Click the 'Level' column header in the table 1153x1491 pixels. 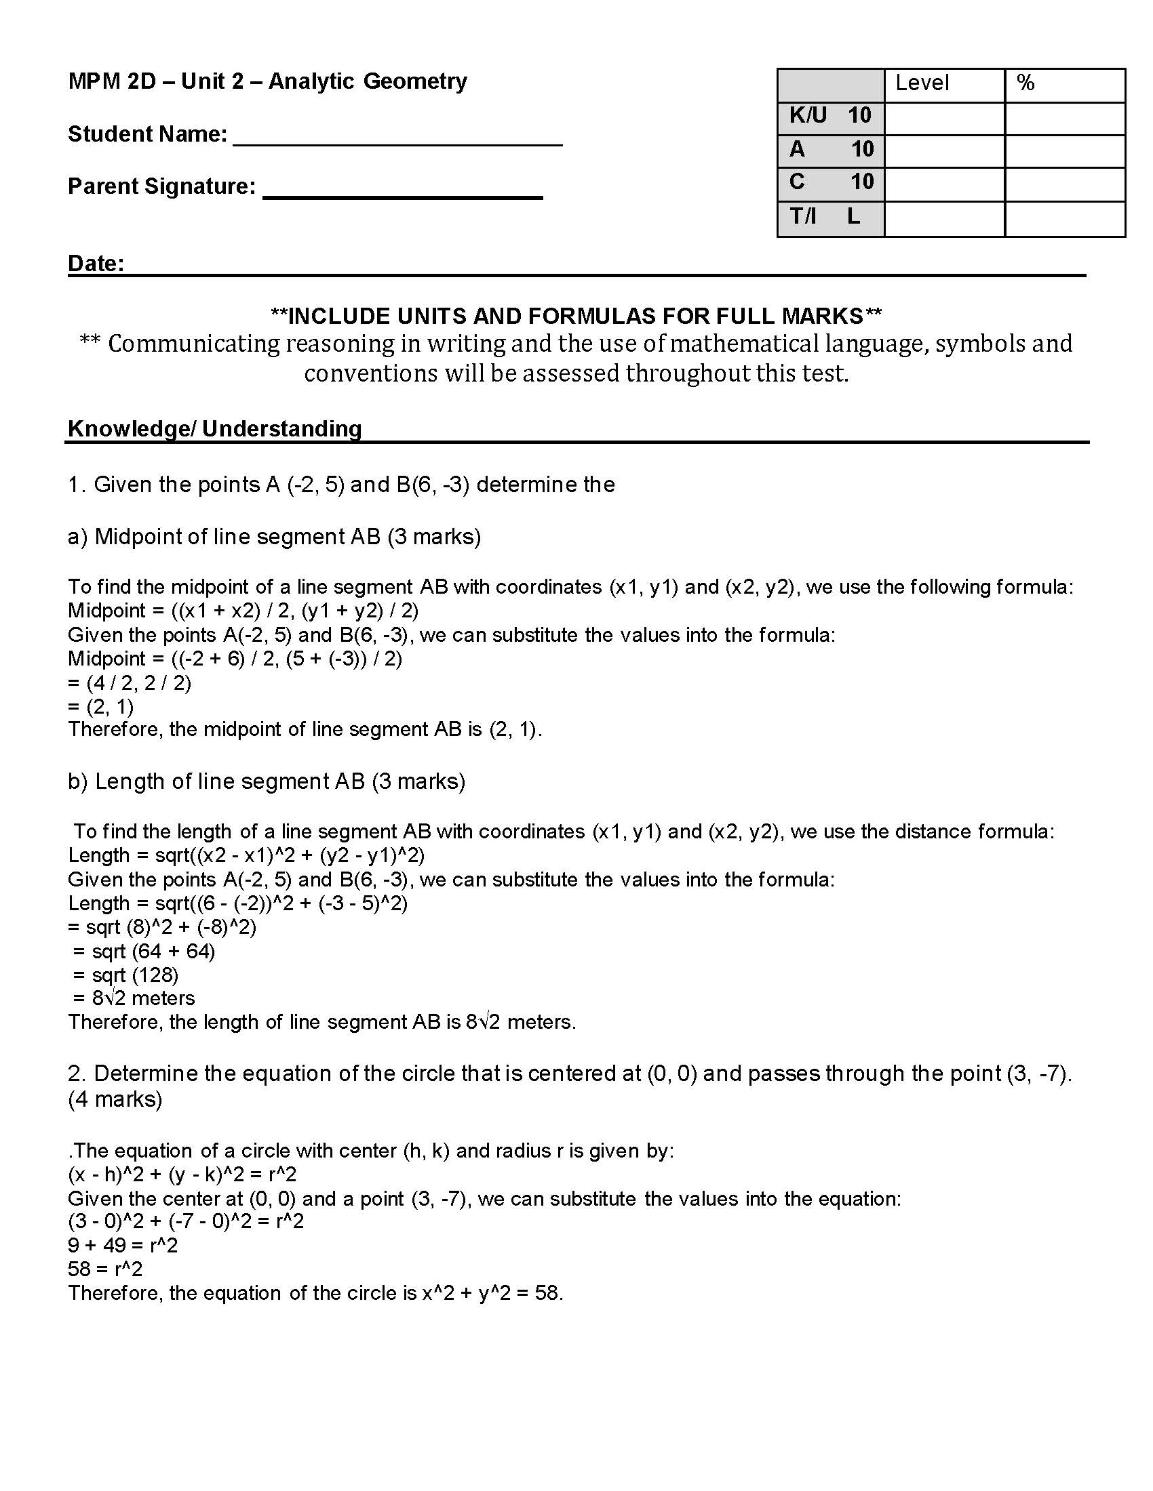922,83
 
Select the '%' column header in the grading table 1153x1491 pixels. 1025,83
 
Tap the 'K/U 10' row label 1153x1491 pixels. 830,116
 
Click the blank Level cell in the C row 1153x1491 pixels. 944,183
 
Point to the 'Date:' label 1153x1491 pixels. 96,264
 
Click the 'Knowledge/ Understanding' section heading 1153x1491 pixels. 214,429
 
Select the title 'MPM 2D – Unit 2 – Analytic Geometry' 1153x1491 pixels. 267,81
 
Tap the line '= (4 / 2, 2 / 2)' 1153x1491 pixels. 129,682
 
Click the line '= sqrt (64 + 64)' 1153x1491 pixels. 143,951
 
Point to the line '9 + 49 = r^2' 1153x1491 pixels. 122,1245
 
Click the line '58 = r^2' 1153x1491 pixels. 105,1269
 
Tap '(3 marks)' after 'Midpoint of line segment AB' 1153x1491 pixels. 434,537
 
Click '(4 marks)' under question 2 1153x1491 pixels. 115,1099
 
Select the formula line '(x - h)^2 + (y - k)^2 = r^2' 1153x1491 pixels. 182,1175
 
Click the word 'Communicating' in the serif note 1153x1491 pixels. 193,344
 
